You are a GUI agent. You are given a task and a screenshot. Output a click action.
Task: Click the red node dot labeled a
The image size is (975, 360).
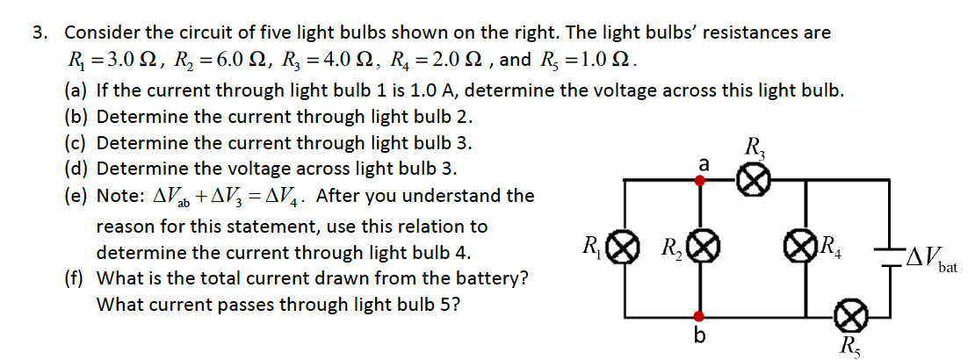click(x=700, y=181)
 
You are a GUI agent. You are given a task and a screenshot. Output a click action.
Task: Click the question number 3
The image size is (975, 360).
click(x=38, y=33)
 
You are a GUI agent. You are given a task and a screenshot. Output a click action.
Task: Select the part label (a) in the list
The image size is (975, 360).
click(x=76, y=90)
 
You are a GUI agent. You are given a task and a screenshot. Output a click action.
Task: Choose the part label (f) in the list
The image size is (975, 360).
click(x=76, y=279)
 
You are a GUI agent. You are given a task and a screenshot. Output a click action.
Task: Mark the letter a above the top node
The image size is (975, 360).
click(x=703, y=163)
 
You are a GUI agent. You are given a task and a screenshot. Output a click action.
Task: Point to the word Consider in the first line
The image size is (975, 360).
click(x=101, y=33)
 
